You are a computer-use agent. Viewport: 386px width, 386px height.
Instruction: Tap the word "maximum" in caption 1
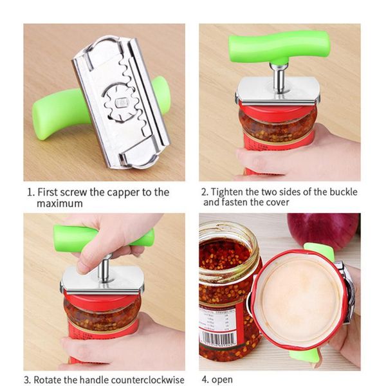[x=60, y=203]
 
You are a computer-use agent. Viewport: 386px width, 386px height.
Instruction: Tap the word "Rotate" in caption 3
[x=49, y=379]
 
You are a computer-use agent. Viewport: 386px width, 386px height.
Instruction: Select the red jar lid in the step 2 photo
[x=277, y=113]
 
